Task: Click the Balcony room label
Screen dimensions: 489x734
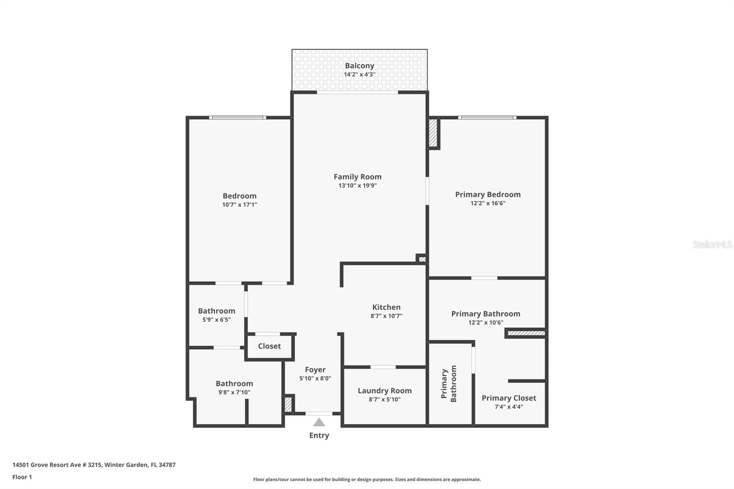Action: pyautogui.click(x=359, y=66)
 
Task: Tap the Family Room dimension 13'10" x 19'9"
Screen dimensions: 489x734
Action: pyautogui.click(x=357, y=186)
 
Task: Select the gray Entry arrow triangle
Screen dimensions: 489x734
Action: pyautogui.click(x=319, y=422)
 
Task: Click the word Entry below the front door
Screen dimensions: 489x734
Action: pyautogui.click(x=319, y=435)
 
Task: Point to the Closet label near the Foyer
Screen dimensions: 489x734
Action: pyautogui.click(x=269, y=346)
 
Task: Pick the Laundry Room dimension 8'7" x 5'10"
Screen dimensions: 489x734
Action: pyautogui.click(x=384, y=400)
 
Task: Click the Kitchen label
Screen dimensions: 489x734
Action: pyautogui.click(x=386, y=307)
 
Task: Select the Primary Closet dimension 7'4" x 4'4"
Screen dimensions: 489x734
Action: pyautogui.click(x=508, y=407)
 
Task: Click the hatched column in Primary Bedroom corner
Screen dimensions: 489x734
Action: pyautogui.click(x=433, y=133)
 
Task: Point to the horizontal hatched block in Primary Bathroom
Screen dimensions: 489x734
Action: pyautogui.click(x=526, y=333)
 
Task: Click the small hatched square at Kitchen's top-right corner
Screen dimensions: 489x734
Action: pyautogui.click(x=422, y=259)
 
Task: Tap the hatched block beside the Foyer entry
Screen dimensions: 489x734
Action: pyautogui.click(x=288, y=404)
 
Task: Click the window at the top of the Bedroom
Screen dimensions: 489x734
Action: pyautogui.click(x=237, y=118)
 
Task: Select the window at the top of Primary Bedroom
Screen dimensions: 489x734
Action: pyautogui.click(x=487, y=118)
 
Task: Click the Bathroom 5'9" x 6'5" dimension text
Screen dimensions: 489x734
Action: pyautogui.click(x=217, y=320)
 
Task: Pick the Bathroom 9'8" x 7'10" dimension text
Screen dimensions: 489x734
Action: pyautogui.click(x=234, y=392)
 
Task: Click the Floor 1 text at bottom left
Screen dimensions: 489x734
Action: pyautogui.click(x=22, y=477)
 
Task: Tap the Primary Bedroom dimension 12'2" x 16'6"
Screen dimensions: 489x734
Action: pyautogui.click(x=488, y=203)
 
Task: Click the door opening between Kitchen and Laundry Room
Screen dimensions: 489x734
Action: pyautogui.click(x=383, y=367)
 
